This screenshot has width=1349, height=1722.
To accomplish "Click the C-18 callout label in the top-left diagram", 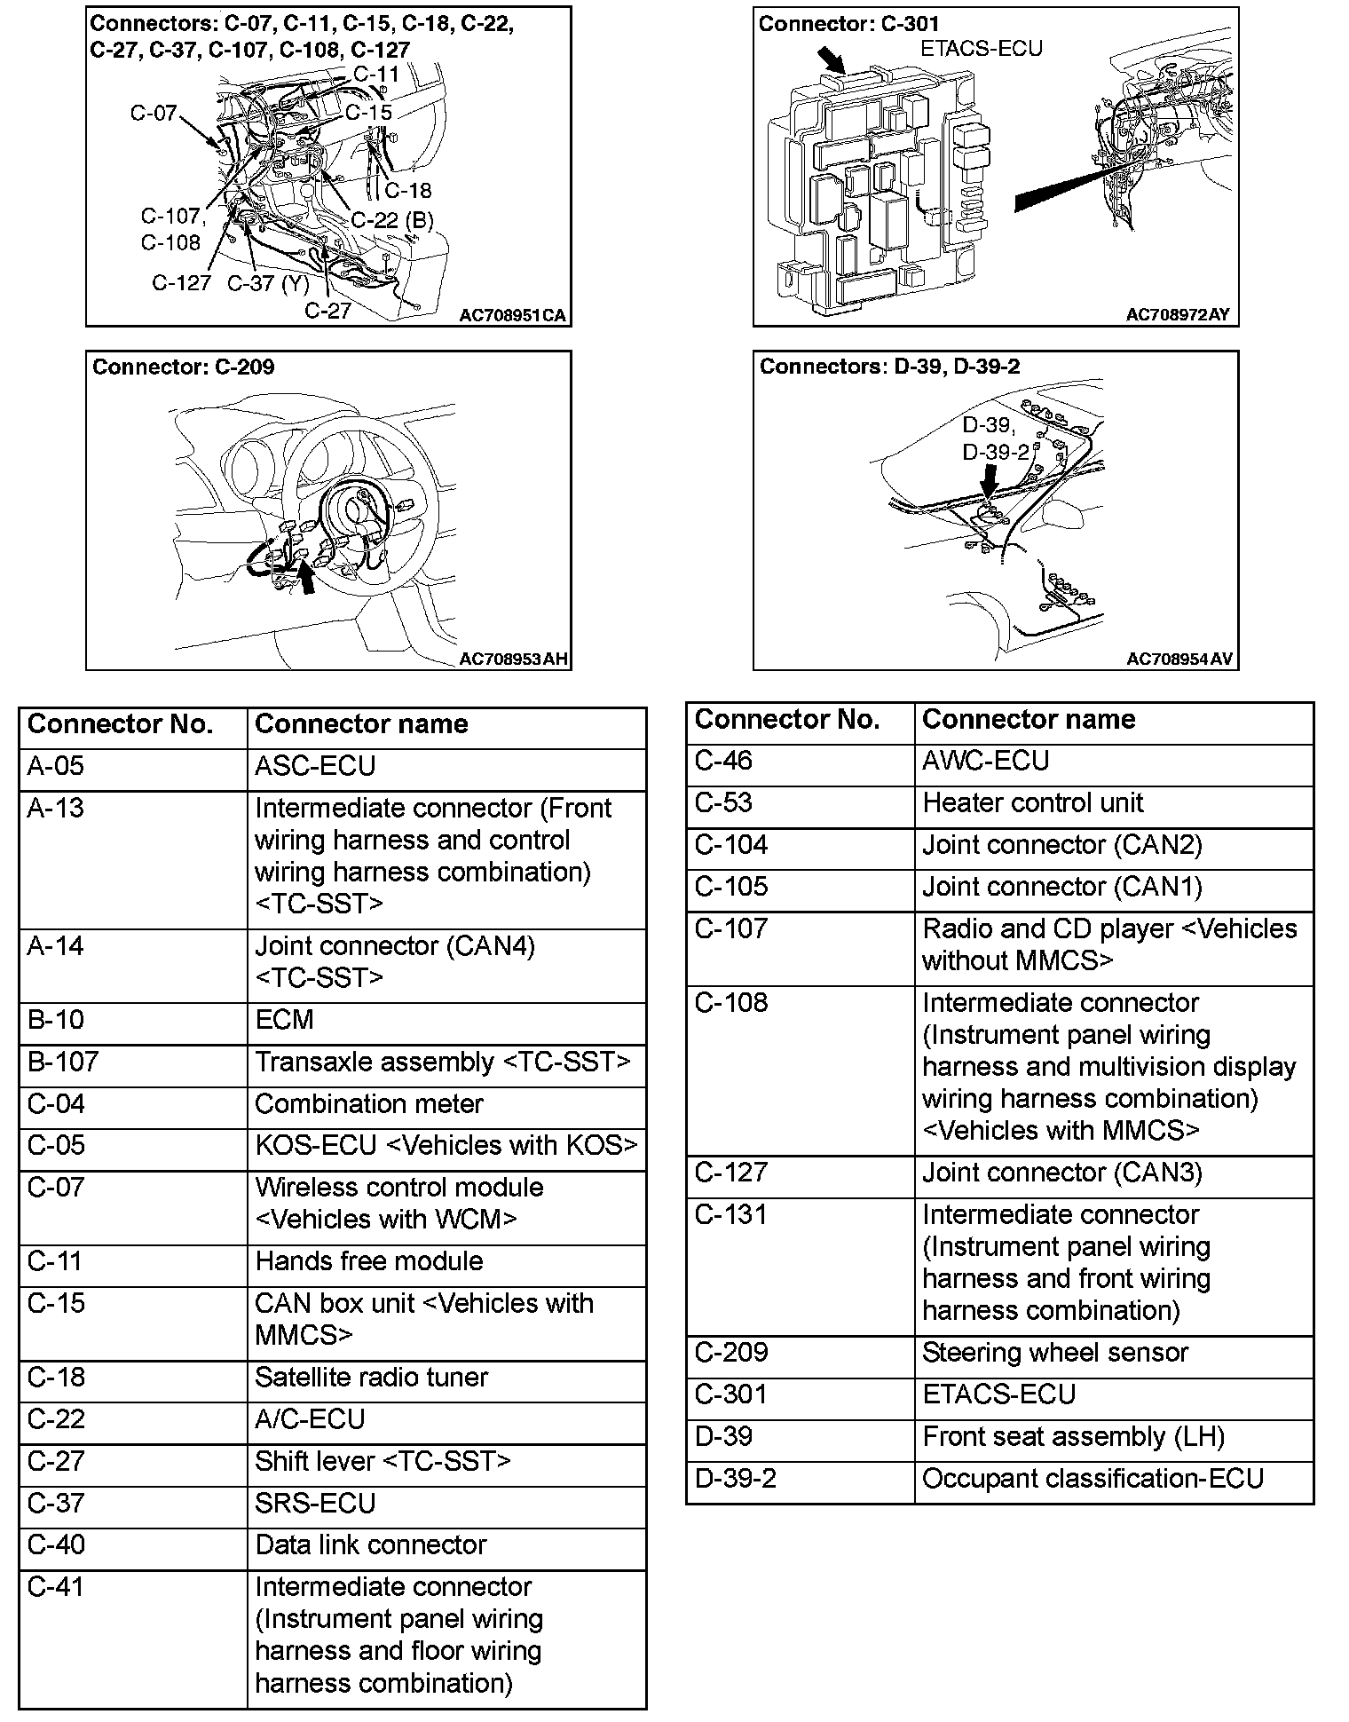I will tap(407, 190).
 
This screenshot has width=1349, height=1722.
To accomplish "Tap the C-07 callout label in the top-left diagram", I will tap(154, 113).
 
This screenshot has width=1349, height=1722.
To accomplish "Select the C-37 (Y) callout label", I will tap(268, 283).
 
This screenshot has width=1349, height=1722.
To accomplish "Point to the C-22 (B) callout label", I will tap(392, 219).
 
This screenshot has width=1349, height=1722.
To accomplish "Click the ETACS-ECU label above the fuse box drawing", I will tap(981, 48).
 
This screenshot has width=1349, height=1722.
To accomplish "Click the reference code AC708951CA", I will tap(512, 315).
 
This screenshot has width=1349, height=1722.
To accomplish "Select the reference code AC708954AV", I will tap(1179, 659).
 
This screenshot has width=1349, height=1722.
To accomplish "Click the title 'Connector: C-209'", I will tap(184, 367).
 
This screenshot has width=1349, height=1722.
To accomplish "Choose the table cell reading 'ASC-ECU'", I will tap(315, 766).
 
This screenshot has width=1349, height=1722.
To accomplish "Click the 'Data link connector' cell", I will tap(370, 1544).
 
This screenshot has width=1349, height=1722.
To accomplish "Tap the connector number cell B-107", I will tap(63, 1062).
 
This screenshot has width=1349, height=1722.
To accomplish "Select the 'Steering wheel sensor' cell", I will tap(1054, 1352).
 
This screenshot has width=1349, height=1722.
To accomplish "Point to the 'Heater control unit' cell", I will tap(1032, 802).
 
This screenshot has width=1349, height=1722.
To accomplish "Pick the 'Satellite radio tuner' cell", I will tap(371, 1377).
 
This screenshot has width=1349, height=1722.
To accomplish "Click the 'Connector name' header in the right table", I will tap(1029, 719).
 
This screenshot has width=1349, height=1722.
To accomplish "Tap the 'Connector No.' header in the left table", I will tap(121, 724).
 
